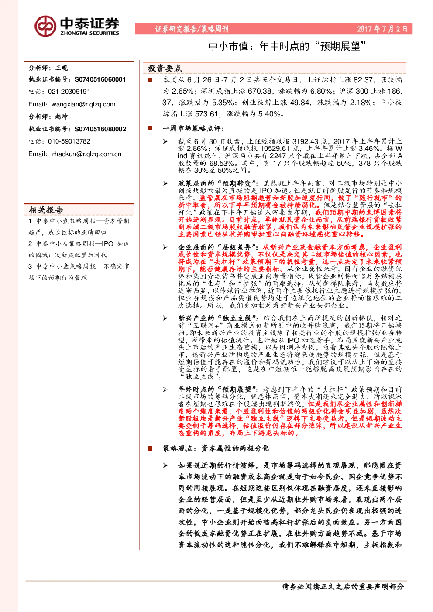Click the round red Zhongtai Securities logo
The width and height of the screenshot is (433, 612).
45,26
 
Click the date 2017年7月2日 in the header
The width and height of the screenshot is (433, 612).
382,29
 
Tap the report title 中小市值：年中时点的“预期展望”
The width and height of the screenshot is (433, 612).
287,46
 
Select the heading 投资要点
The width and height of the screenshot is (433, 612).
165,68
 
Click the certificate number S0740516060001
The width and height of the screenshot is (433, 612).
100,79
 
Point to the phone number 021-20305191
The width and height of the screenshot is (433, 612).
69,92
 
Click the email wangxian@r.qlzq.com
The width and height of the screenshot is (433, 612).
83,104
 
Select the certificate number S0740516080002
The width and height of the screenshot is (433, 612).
100,129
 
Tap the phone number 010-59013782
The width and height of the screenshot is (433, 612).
69,141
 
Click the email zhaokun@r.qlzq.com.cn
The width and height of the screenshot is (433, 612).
86,154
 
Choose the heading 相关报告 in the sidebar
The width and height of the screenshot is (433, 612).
46,210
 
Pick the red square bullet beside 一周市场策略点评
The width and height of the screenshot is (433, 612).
150,128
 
